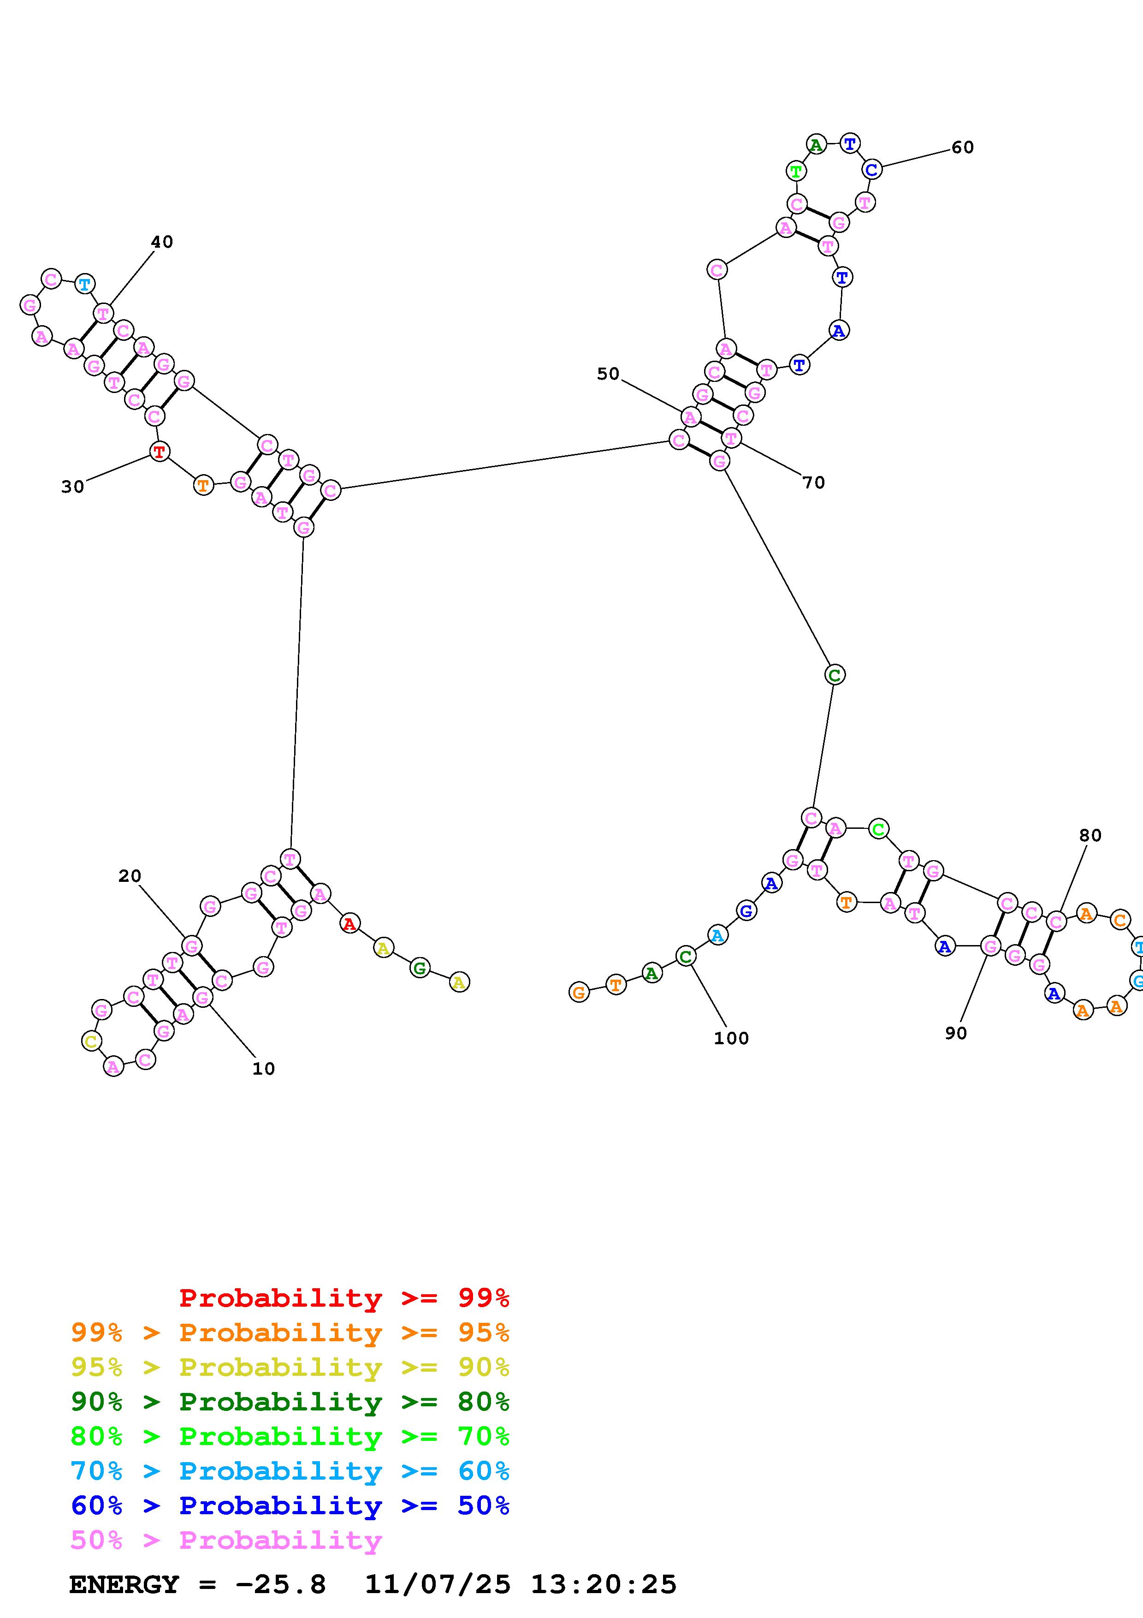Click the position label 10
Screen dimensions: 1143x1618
point(263,1069)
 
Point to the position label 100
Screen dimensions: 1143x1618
point(731,1038)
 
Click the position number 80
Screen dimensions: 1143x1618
point(1090,836)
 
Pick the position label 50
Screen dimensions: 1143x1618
point(608,374)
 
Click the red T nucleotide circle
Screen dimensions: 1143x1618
point(160,451)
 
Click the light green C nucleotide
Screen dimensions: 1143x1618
point(877,829)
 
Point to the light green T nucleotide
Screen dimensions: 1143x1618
point(796,171)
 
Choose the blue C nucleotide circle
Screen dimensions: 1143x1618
point(871,170)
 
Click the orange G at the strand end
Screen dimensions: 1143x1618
point(579,992)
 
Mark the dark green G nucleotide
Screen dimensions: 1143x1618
point(420,968)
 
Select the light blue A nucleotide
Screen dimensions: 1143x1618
point(717,936)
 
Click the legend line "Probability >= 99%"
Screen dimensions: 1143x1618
point(344,1298)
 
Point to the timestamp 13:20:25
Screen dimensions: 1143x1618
point(603,1585)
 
